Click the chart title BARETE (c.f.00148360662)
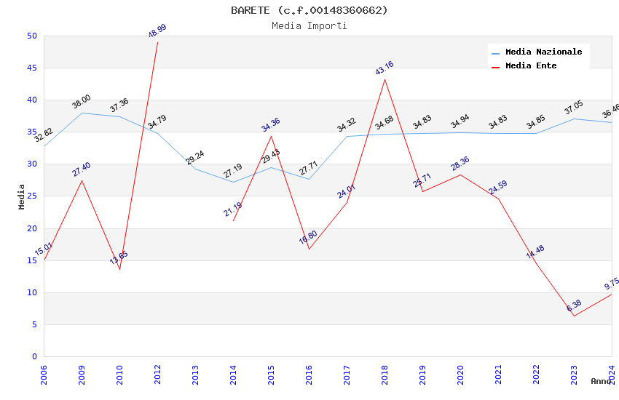tap(309, 10)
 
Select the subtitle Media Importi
tap(309, 25)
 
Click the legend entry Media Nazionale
tap(543, 52)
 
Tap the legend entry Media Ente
tap(531, 66)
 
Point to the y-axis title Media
tap(22, 196)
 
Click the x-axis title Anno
tap(601, 381)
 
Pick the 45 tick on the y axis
tap(31, 68)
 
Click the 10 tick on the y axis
tap(31, 292)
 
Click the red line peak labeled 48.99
tap(157, 42)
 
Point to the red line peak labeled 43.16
tap(385, 79)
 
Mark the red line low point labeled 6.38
tap(574, 316)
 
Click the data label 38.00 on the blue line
tap(82, 101)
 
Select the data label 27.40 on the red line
tap(82, 169)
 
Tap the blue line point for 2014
tap(233, 182)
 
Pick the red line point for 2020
tap(460, 175)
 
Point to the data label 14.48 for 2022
tap(535, 252)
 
